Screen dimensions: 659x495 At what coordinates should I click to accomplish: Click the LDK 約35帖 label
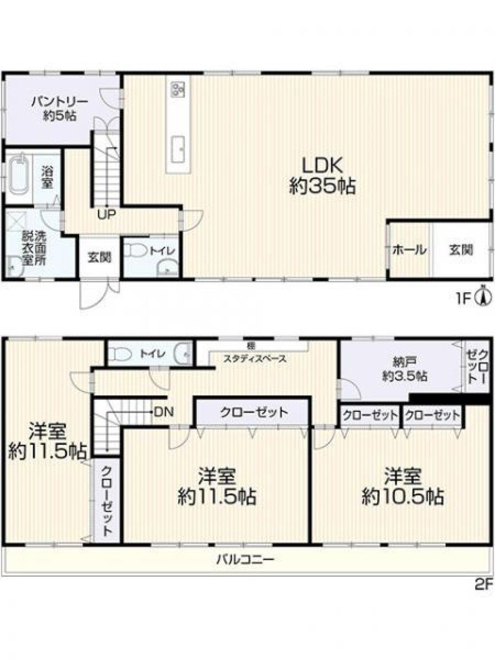322,176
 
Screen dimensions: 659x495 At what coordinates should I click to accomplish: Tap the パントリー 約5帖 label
59,109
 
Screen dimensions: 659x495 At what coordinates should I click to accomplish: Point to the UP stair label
106,214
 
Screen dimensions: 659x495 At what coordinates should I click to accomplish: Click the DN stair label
164,411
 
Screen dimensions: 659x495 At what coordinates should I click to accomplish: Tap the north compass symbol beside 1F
483,298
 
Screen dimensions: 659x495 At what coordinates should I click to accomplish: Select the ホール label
409,250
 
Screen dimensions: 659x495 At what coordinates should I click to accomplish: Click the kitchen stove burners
178,89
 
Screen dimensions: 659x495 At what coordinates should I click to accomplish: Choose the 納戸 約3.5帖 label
405,369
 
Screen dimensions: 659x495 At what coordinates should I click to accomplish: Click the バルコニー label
245,560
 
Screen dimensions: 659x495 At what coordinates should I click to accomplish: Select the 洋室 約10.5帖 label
402,486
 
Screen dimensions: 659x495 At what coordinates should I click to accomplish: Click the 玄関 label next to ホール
461,250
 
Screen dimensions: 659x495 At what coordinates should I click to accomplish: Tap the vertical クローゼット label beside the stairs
107,500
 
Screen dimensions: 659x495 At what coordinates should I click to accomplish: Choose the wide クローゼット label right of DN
254,412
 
